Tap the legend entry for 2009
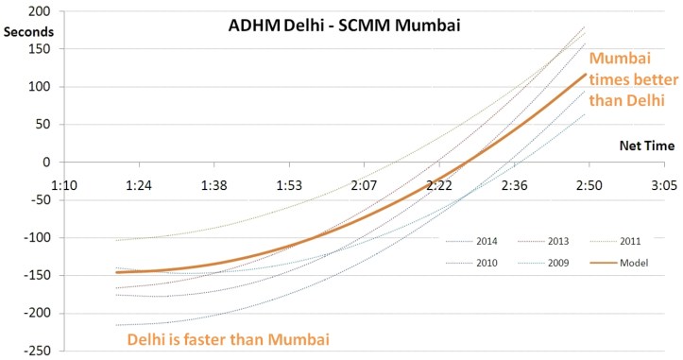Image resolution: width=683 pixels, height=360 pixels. (x=542, y=262)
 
